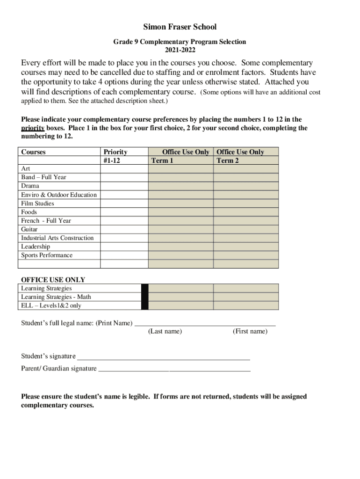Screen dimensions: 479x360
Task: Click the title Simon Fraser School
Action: [180, 27]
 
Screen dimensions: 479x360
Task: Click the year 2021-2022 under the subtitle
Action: [180, 50]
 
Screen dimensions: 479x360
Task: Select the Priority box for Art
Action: [124, 168]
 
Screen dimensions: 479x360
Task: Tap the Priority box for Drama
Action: [124, 186]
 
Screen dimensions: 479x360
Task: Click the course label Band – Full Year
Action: [43, 177]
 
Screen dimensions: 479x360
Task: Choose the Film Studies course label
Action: [37, 203]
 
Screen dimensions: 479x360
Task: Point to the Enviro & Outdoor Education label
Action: [59, 195]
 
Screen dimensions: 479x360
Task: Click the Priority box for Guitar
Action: [124, 229]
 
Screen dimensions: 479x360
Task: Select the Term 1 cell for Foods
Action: [181, 212]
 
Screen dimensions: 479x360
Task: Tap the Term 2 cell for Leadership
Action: [246, 247]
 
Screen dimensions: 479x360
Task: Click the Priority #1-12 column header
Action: [115, 156]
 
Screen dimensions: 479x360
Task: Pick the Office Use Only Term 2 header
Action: [240, 156]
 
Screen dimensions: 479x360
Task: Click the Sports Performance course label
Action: [47, 255]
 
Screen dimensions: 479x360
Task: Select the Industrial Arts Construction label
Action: [57, 238]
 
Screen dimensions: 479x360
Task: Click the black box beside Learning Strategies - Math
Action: [145, 297]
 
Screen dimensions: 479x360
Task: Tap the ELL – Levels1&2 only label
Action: [51, 305]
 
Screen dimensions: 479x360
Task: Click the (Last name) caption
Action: [165, 332]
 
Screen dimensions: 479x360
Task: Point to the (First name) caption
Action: [250, 332]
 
